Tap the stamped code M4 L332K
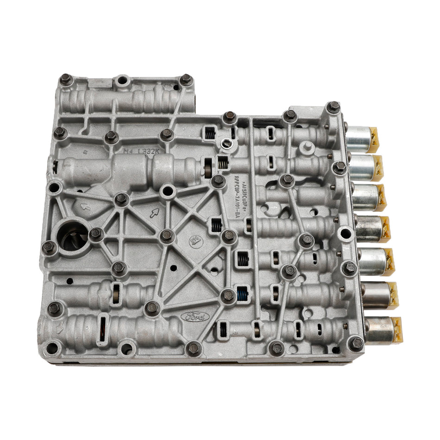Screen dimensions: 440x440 click(x=142, y=151)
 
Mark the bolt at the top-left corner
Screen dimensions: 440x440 click(x=66, y=80)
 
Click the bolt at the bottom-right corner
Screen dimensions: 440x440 click(x=356, y=343)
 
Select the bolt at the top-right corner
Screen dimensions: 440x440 click(x=333, y=107)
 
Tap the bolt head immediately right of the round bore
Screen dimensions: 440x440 click(x=96, y=234)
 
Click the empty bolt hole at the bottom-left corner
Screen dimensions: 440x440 click(x=51, y=348)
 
